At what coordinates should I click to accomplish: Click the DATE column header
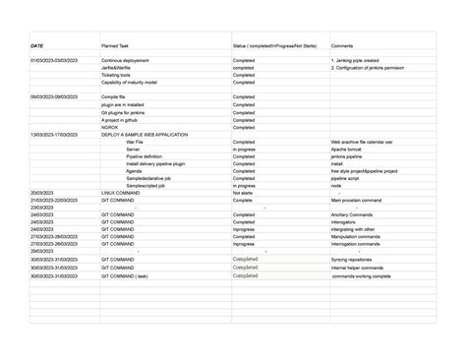[37, 45]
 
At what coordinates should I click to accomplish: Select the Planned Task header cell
[116, 45]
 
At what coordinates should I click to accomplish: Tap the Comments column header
[342, 45]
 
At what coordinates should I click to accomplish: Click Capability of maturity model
[129, 83]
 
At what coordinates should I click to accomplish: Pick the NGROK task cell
[110, 127]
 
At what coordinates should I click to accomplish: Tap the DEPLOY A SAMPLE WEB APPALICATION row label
[145, 135]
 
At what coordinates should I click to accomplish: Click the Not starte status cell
[244, 193]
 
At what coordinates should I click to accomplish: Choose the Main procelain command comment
[356, 200]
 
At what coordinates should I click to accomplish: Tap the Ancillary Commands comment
[352, 214]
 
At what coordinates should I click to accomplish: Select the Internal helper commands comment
[357, 268]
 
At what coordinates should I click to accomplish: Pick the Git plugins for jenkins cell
[123, 112]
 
